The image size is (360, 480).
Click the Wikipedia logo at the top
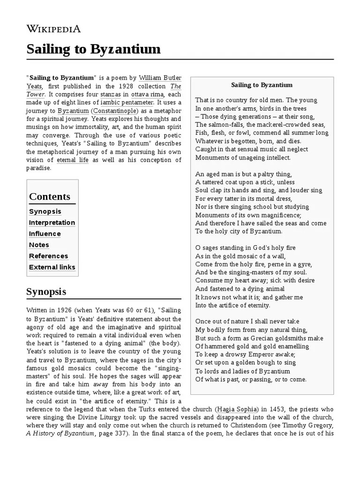coord(53,29)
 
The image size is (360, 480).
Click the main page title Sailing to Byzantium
coord(93,49)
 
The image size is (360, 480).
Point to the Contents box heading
coord(50,196)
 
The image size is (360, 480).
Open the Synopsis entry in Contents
coord(45,211)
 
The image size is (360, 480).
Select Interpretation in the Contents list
coord(52,223)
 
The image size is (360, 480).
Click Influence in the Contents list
coord(45,234)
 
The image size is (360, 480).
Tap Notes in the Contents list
coord(39,245)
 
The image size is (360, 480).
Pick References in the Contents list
coord(49,256)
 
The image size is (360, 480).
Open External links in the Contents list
coord(52,267)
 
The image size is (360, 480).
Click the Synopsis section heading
coord(46,292)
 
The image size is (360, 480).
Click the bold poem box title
coord(262,85)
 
